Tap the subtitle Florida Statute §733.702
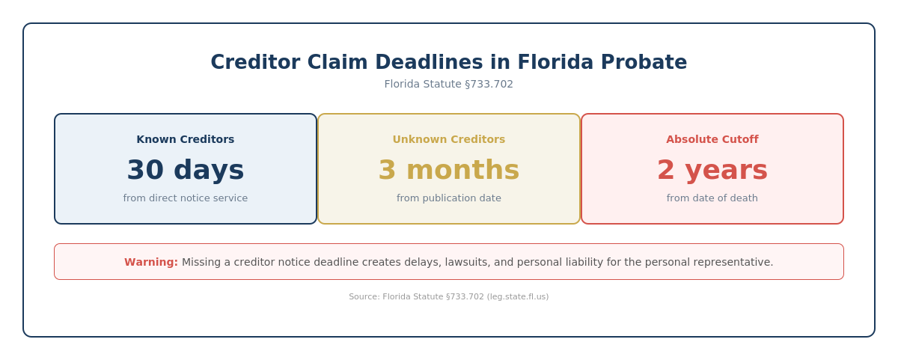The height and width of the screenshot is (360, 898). click(x=449, y=84)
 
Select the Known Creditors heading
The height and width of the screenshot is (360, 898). click(x=186, y=139)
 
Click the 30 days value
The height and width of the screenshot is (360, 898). click(x=186, y=170)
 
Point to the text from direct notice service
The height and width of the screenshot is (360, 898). click(x=186, y=198)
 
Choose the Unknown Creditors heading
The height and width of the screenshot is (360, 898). click(x=449, y=139)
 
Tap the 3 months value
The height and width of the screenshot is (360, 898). click(x=449, y=170)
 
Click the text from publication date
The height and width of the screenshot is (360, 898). click(x=449, y=198)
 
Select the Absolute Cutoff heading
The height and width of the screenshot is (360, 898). click(x=712, y=139)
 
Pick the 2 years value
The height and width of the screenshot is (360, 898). click(x=712, y=170)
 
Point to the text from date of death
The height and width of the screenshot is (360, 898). click(x=712, y=198)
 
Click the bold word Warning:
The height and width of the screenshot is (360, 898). click(x=151, y=262)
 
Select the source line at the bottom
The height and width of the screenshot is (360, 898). click(x=449, y=296)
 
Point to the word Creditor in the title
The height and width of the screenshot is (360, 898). click(x=252, y=62)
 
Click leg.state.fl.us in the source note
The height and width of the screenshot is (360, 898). click(x=517, y=296)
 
